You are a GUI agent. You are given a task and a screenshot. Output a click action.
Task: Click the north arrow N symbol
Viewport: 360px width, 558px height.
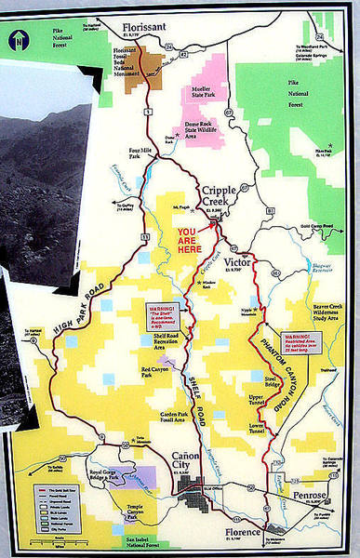point(18,40)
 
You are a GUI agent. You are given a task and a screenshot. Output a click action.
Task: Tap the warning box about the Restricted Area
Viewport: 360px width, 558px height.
point(306,340)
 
